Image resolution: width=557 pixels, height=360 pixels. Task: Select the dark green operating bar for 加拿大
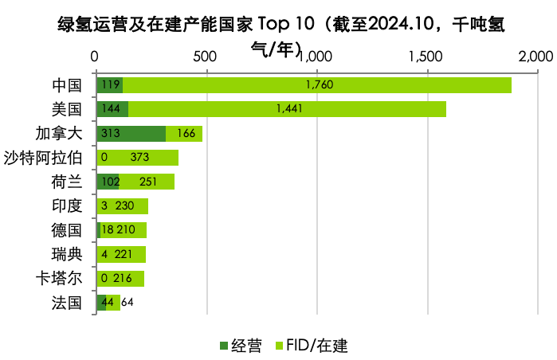(131, 134)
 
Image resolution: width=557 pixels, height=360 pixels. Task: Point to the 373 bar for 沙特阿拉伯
(137, 158)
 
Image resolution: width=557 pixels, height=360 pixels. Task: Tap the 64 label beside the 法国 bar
(127, 303)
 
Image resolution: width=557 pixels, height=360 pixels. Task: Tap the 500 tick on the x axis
(206, 57)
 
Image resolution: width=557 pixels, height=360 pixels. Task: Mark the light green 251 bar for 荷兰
(147, 182)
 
